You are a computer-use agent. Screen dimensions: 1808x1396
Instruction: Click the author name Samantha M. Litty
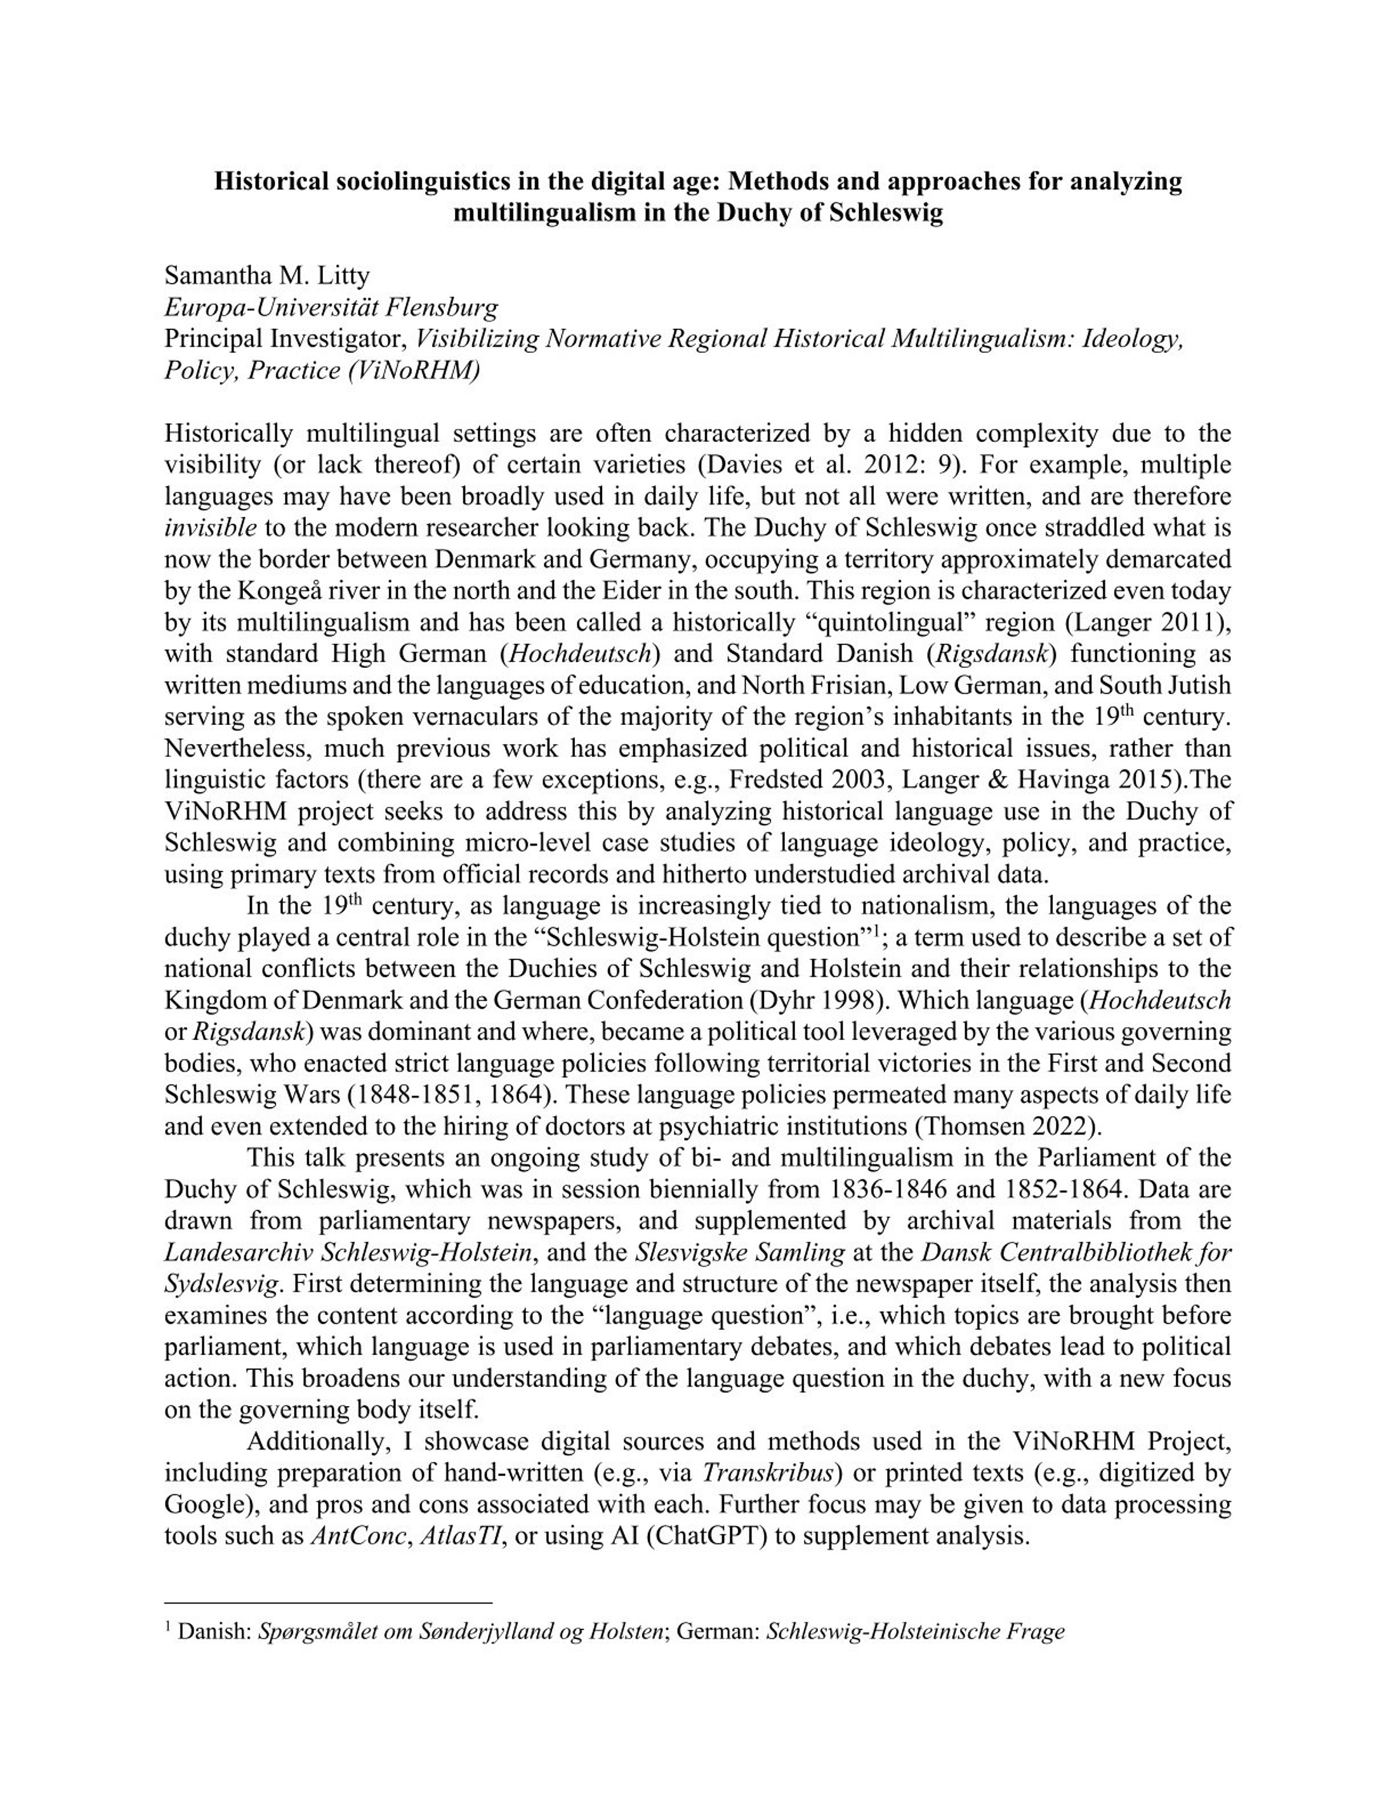267,276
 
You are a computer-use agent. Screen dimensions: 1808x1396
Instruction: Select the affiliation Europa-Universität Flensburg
331,308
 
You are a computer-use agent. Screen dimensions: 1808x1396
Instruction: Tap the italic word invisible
210,528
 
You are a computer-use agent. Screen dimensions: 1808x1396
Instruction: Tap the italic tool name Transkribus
770,1473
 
